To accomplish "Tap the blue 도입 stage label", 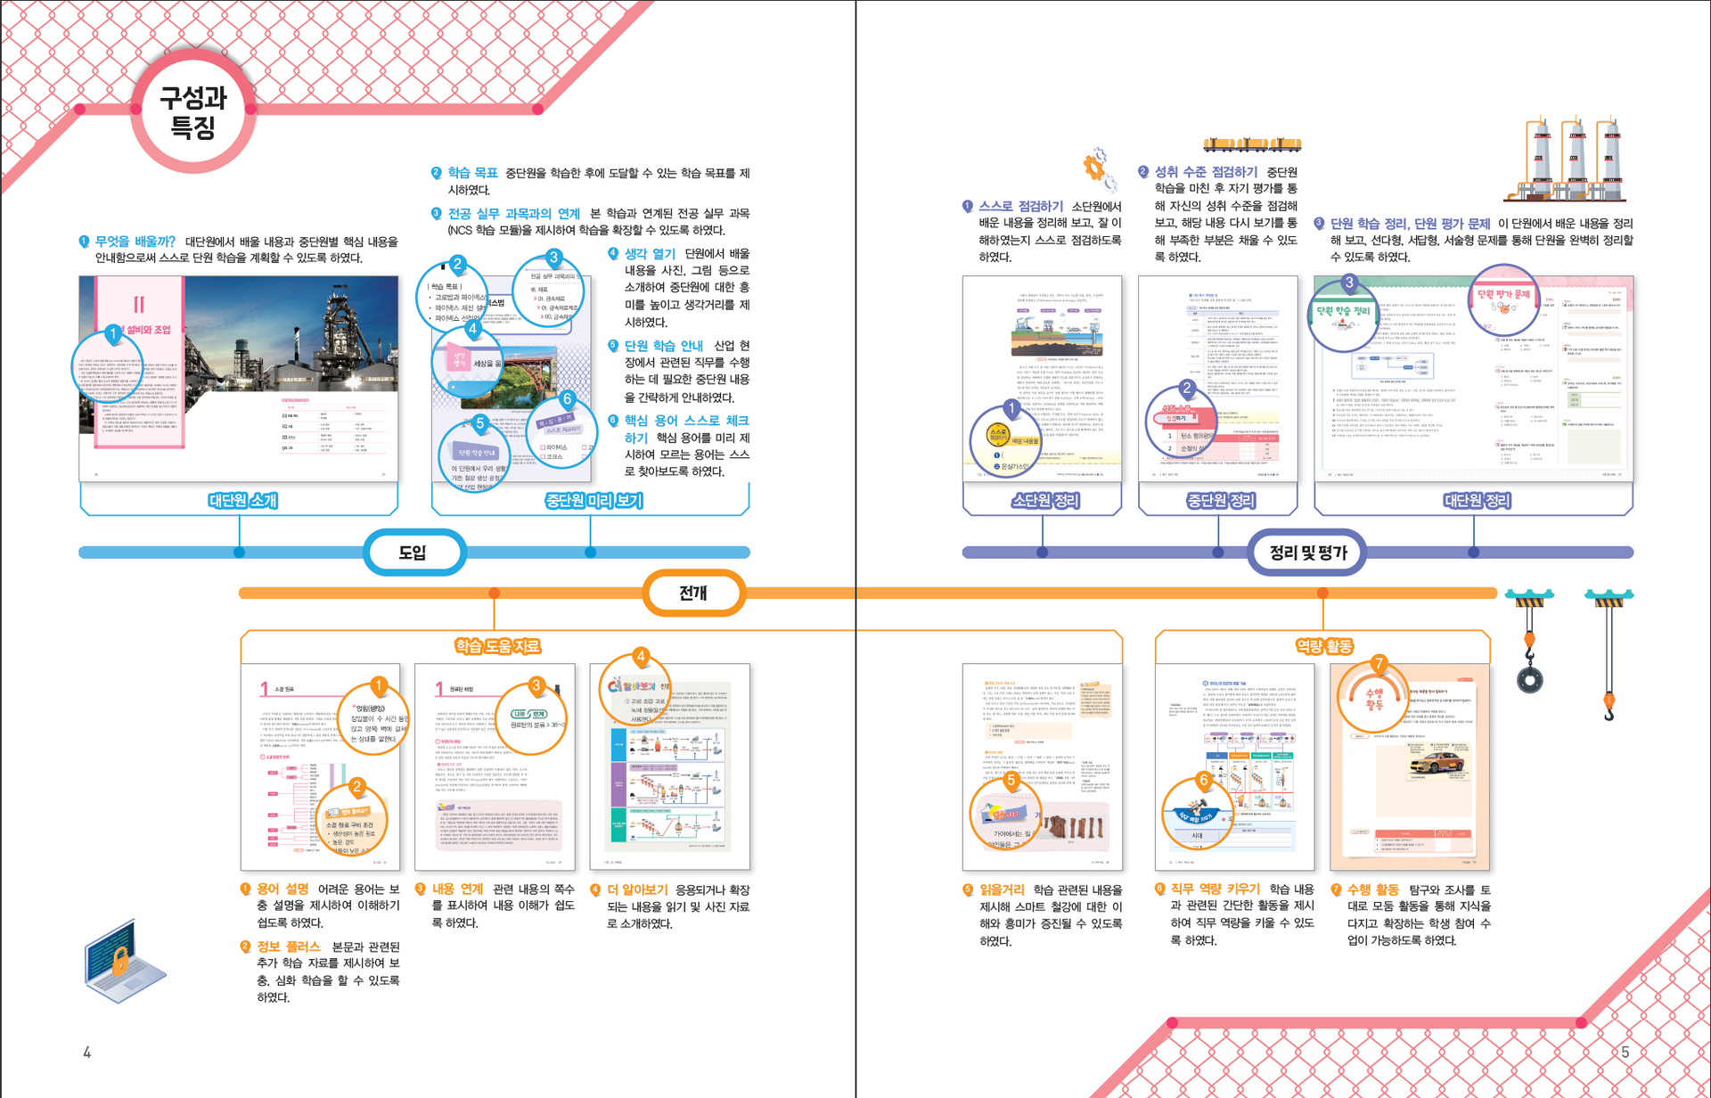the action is click(x=413, y=553).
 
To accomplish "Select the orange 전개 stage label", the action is click(x=693, y=593).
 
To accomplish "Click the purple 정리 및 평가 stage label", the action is click(x=1307, y=553).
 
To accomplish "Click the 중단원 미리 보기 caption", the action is click(x=594, y=501).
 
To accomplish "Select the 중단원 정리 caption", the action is click(x=1220, y=501).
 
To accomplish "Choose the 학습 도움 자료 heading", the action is click(x=497, y=646).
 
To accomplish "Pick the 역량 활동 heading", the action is click(x=1323, y=646).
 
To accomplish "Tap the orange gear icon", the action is click(x=1098, y=168).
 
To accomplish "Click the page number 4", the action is click(x=86, y=1053).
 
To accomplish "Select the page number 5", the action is click(x=1625, y=1053).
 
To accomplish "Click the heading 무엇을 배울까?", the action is click(x=135, y=242).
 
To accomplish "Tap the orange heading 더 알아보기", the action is click(x=637, y=889).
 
